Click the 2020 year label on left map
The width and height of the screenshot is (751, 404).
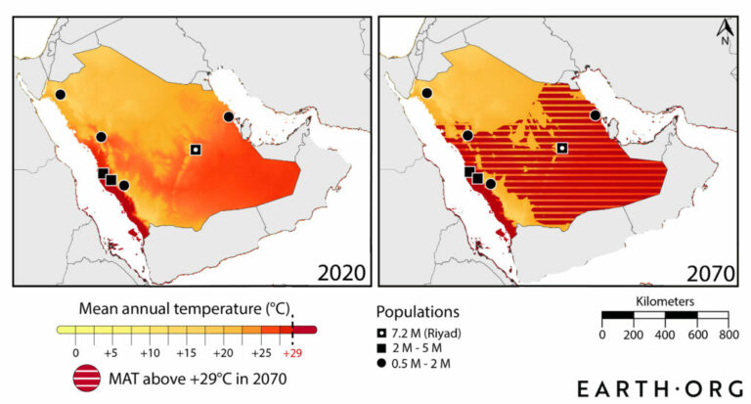337,271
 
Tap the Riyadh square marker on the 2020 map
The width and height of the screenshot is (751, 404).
196,150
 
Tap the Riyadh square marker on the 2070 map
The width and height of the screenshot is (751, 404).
562,148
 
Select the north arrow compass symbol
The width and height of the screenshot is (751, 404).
725,32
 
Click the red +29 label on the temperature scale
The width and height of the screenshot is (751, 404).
292,352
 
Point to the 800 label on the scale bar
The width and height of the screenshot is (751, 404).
728,336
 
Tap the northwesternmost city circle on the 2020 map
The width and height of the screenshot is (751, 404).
60,94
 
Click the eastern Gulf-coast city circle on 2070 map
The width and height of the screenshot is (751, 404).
596,115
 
